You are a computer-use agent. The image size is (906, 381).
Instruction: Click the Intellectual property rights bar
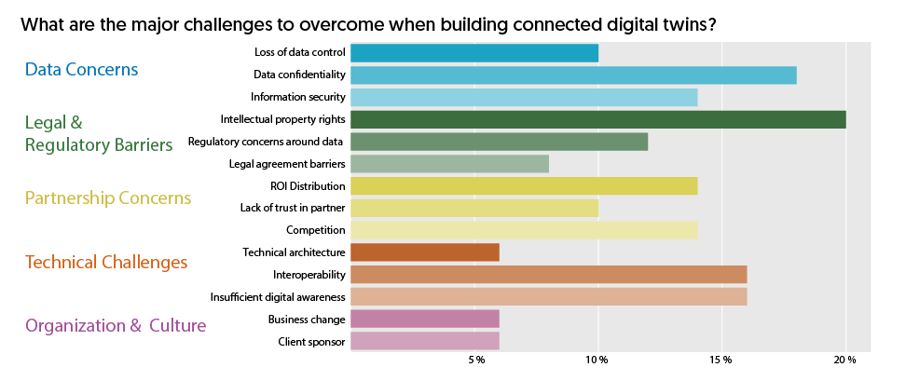(597, 119)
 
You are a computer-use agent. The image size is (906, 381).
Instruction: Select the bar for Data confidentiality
(573, 75)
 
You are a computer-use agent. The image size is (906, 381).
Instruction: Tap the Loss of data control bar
(474, 53)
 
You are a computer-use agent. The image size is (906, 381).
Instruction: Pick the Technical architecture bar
(425, 252)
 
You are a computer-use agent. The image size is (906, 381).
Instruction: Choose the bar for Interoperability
(548, 275)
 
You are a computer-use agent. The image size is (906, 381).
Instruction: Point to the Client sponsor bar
(425, 342)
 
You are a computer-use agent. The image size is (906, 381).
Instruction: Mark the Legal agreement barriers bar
(449, 164)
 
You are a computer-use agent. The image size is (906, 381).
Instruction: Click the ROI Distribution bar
(524, 186)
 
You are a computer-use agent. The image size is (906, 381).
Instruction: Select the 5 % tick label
(476, 361)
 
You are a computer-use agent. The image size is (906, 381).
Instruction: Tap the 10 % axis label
(597, 361)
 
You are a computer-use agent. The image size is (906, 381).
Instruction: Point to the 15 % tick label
(721, 361)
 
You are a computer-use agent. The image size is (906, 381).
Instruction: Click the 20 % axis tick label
(845, 361)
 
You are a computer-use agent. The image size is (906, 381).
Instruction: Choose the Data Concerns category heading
(82, 70)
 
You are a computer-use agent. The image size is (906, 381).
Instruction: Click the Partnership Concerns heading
(108, 198)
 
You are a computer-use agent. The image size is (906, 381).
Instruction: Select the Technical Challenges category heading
(106, 263)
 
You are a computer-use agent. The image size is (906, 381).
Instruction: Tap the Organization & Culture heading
(116, 326)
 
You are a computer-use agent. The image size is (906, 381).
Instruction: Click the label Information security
(298, 97)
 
